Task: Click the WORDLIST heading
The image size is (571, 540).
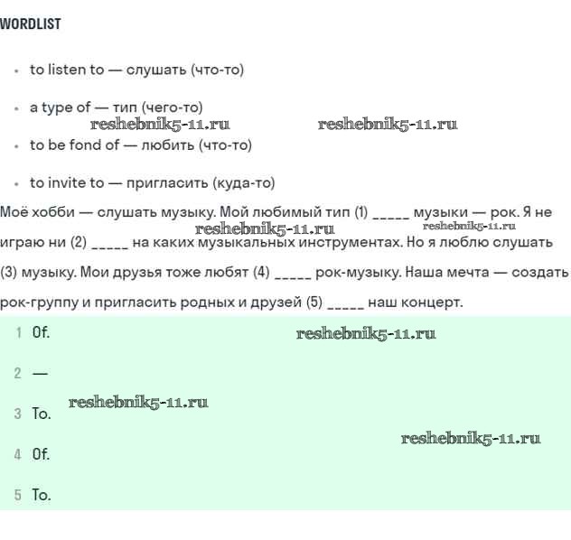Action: click(31, 23)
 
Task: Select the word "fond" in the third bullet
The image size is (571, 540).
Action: click(86, 144)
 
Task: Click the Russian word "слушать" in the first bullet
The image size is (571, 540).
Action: click(156, 70)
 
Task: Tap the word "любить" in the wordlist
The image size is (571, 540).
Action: click(167, 145)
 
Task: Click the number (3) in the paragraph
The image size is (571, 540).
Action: click(9, 272)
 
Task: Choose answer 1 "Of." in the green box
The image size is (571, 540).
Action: click(41, 332)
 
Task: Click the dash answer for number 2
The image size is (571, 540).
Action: click(40, 373)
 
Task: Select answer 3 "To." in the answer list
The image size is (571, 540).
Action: click(42, 414)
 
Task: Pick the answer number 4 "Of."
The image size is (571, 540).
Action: click(41, 454)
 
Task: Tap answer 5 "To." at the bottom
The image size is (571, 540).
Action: click(42, 495)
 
